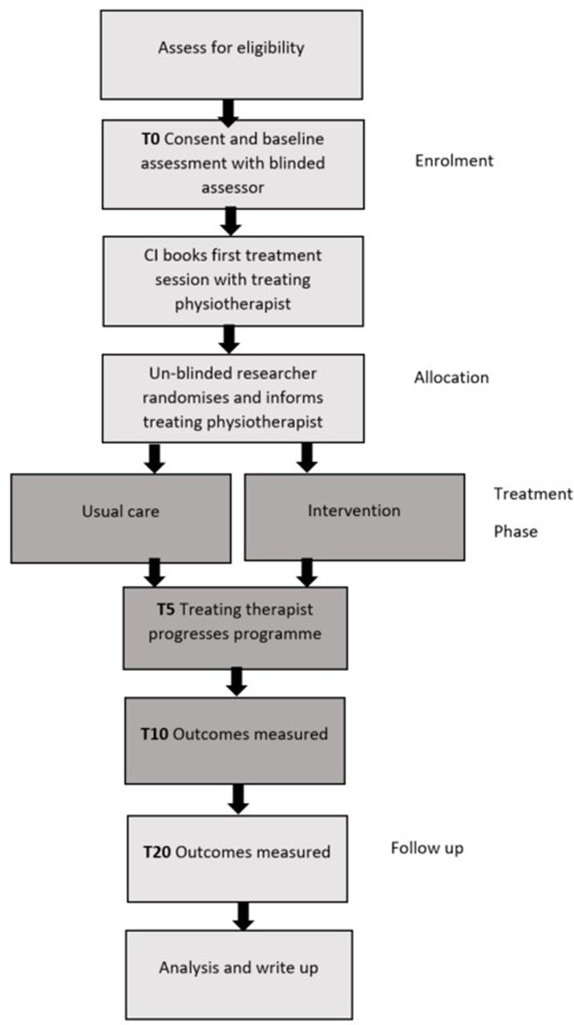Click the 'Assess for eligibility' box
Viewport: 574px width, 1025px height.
tap(232, 55)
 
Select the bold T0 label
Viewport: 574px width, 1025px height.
tap(151, 139)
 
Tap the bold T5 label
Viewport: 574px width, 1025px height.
tap(166, 609)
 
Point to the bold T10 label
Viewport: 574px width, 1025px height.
tap(155, 734)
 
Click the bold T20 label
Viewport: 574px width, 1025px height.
tap(157, 852)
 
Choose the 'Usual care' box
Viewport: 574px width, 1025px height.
tap(121, 518)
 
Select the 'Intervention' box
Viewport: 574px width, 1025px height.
tap(354, 517)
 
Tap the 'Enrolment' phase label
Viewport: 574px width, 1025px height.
tap(454, 161)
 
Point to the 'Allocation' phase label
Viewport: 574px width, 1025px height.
tap(451, 377)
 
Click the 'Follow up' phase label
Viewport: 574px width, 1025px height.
tap(427, 848)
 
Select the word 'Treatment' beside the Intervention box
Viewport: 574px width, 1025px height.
tap(533, 494)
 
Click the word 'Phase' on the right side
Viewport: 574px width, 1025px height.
tap(515, 531)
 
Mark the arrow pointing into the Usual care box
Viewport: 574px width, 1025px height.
tap(155, 458)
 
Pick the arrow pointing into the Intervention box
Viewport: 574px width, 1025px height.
tap(307, 458)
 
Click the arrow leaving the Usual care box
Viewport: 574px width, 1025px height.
tap(155, 573)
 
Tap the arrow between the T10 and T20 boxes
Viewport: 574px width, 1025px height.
tap(238, 799)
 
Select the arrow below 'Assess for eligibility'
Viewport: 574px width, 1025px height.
tap(228, 113)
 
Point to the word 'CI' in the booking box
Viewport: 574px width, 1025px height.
tap(152, 255)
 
